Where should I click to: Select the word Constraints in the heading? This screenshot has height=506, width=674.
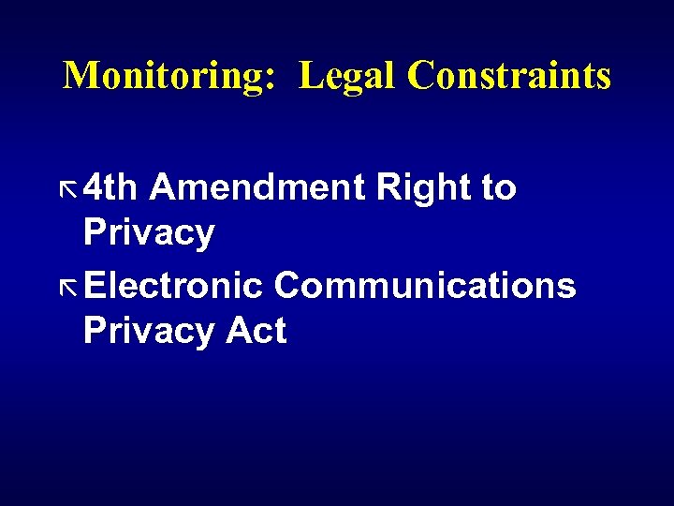coord(508,75)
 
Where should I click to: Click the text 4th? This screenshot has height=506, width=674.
coord(110,188)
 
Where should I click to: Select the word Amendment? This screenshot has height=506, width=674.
coord(256,188)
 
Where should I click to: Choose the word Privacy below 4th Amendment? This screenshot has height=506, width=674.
coord(149,233)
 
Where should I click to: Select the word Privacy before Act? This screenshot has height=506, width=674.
coord(149,331)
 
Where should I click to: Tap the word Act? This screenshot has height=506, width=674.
coord(255,331)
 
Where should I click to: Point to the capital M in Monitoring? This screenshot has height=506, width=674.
coord(79,75)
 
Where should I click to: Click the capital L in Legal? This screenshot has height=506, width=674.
coord(310,75)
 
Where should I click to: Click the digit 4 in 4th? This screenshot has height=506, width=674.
coord(94,188)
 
